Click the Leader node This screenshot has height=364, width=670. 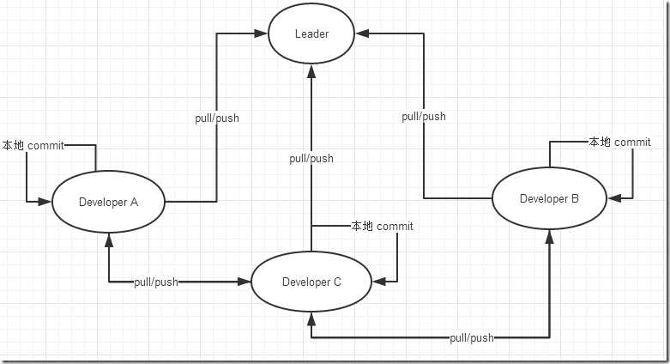coord(311,34)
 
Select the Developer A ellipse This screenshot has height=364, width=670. coord(108,202)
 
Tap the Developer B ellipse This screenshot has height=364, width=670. coord(549,198)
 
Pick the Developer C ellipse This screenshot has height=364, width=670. coord(311,282)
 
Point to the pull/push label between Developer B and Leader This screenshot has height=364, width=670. coord(424,116)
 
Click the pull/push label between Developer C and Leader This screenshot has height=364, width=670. coord(311,158)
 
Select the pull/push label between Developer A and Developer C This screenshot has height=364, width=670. coord(156,282)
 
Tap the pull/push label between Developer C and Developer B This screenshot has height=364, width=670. coord(472,338)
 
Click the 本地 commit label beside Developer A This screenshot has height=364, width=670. coord(33,145)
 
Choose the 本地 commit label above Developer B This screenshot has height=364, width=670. coord(619,142)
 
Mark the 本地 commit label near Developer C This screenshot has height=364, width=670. coord(382,227)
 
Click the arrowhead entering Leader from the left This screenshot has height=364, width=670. coord(261,33)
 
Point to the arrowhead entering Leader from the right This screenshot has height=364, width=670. coord(364,33)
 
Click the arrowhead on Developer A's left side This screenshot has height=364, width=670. coord(46,202)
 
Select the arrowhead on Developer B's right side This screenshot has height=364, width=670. coord(613,198)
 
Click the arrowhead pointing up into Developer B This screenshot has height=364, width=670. coord(549,236)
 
